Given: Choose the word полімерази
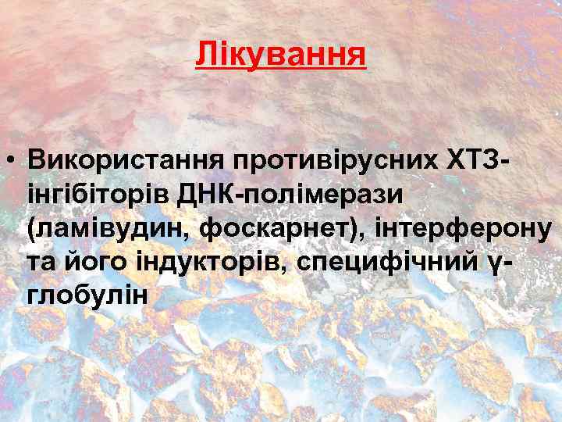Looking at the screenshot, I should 323,195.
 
